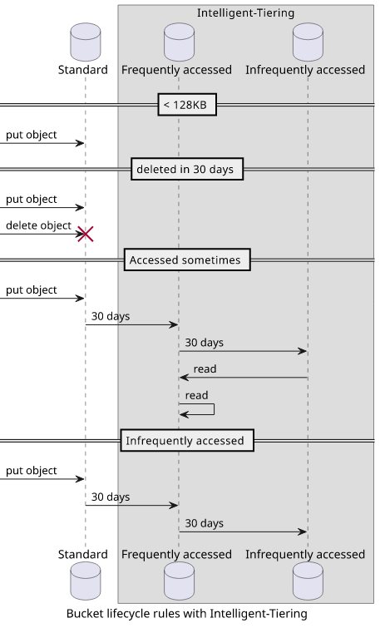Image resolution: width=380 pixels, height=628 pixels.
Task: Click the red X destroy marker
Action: (x=86, y=234)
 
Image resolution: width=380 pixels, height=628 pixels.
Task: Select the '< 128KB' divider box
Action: (x=187, y=105)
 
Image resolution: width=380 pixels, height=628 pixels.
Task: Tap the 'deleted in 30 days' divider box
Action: (x=187, y=169)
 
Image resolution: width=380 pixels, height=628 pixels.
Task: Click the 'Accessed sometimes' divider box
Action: (x=187, y=260)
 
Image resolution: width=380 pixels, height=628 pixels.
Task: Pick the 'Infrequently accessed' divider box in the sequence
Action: (x=187, y=441)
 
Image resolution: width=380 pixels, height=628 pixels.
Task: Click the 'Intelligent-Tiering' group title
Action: (x=245, y=12)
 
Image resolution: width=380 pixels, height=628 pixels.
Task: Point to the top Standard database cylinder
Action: (x=86, y=42)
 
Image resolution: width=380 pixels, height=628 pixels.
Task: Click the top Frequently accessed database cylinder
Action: (x=179, y=42)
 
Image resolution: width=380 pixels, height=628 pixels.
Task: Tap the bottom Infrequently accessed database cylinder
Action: (x=308, y=581)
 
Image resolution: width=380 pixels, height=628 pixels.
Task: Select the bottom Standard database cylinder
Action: (x=86, y=581)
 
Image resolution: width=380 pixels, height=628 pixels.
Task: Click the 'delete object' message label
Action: (x=38, y=225)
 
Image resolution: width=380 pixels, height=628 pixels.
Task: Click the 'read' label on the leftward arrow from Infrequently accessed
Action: (x=205, y=368)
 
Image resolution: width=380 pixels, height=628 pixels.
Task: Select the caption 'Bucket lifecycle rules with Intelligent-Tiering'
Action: (x=187, y=614)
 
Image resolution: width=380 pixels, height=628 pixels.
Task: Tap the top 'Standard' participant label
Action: (x=83, y=70)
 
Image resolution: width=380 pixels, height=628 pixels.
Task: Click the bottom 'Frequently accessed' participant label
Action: (x=176, y=554)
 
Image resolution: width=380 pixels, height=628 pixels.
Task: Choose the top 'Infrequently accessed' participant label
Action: (x=305, y=70)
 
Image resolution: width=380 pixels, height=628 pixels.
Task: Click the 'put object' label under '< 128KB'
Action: (x=32, y=135)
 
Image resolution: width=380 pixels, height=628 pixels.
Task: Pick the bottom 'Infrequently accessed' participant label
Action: (x=305, y=554)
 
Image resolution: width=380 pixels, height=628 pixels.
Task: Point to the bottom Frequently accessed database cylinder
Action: (x=179, y=581)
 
